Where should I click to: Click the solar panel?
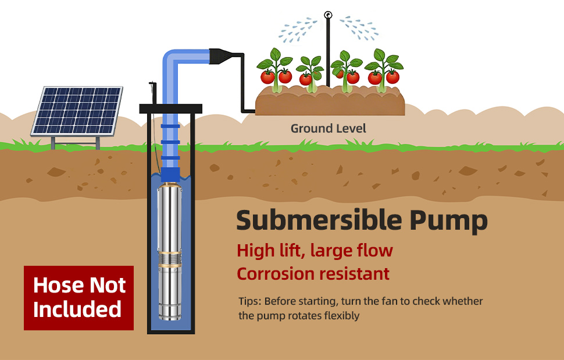(77, 111)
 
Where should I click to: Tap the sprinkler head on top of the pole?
(328, 15)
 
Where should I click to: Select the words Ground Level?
(328, 129)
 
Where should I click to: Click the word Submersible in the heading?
(319, 220)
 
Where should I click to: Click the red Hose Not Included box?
(78, 298)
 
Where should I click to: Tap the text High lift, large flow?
(315, 250)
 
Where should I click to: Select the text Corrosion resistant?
(313, 274)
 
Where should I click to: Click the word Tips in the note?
(250, 301)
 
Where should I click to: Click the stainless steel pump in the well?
(169, 251)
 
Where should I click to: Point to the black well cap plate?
(170, 108)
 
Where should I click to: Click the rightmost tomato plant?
(384, 70)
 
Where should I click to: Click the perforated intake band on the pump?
(169, 259)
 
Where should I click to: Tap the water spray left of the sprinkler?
(298, 30)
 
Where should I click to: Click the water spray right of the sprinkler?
(359, 28)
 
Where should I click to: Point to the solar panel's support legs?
(76, 142)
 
